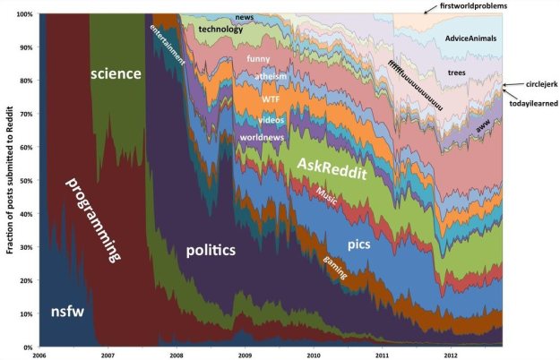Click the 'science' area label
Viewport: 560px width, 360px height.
tap(116, 73)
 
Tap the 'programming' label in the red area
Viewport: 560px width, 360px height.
tap(93, 220)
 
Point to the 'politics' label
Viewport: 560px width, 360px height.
tap(211, 250)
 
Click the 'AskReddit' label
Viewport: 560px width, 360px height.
tap(332, 170)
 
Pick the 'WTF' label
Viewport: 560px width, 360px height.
tap(271, 99)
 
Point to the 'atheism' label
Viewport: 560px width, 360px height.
tap(271, 77)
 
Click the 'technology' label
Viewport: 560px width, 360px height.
tap(220, 29)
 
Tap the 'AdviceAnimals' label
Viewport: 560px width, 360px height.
tap(470, 39)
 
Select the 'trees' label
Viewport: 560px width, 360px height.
tap(455, 72)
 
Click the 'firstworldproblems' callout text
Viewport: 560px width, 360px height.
tap(474, 6)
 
